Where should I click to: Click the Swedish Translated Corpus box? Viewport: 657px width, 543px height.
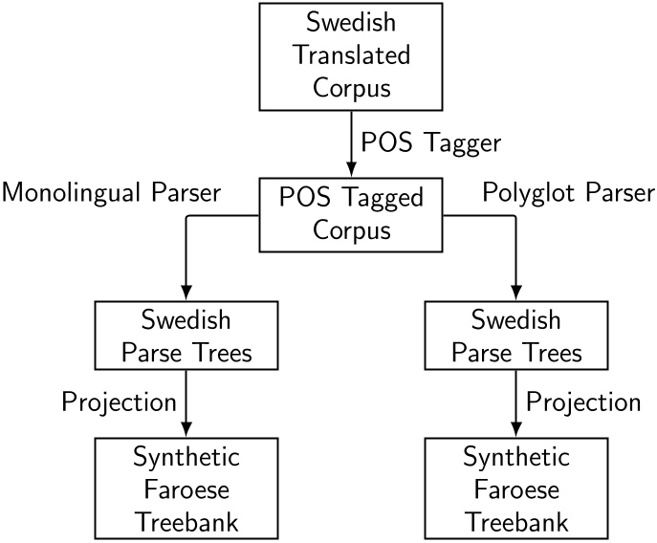point(351,55)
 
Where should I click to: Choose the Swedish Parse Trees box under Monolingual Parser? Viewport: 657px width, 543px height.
point(186,337)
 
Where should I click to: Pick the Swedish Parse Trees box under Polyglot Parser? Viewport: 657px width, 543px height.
point(516,337)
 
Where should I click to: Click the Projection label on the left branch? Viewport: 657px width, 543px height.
point(119,402)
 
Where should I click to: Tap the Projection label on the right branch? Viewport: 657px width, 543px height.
point(583,402)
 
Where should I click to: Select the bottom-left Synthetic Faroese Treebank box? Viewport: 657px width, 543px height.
point(186,488)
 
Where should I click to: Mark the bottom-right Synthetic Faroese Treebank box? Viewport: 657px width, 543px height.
point(516,488)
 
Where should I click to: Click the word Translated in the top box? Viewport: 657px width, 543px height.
point(351,55)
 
